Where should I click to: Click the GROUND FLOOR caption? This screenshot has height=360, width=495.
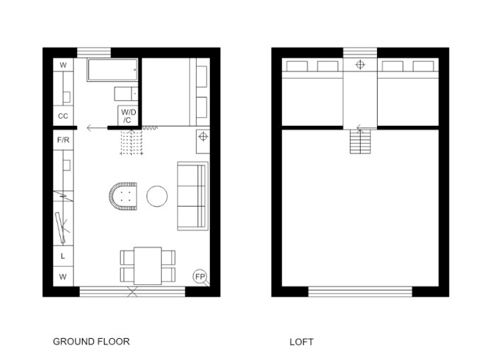click(x=91, y=342)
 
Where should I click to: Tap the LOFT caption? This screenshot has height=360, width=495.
click(x=301, y=342)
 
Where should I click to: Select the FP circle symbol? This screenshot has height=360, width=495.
click(x=199, y=277)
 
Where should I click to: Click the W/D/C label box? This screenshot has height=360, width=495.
click(x=128, y=116)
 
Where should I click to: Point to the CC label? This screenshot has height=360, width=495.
click(x=63, y=116)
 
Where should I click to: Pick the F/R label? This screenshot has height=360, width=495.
click(x=63, y=139)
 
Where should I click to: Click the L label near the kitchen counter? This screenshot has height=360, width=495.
click(x=63, y=256)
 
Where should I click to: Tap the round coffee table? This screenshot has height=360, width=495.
click(x=157, y=196)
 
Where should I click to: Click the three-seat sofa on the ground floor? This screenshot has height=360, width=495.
click(x=192, y=196)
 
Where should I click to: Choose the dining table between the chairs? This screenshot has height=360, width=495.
click(x=148, y=266)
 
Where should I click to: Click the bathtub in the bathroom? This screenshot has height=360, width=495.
click(x=112, y=70)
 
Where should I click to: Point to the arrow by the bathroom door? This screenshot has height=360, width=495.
click(x=97, y=128)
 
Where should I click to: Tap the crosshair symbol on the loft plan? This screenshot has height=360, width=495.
click(x=360, y=65)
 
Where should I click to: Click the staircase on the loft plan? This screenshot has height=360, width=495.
click(x=360, y=141)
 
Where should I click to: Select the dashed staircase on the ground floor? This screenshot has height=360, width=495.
click(x=132, y=142)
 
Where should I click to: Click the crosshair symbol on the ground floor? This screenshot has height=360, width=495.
click(x=203, y=137)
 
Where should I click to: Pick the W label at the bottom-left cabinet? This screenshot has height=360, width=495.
click(x=63, y=277)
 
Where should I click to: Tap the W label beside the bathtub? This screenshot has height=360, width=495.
click(x=63, y=65)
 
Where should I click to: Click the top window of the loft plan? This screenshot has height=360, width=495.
click(x=360, y=52)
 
